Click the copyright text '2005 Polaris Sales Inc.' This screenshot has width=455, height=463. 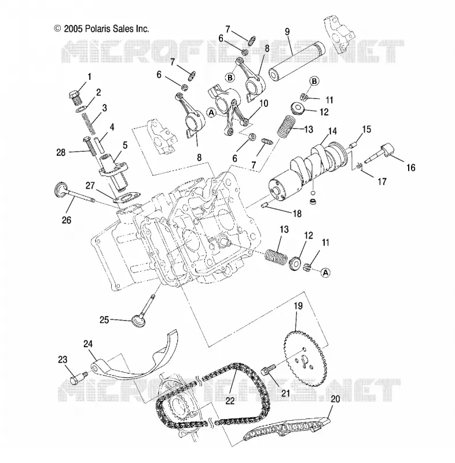[x=107, y=28]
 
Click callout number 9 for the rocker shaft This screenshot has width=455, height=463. [x=287, y=32]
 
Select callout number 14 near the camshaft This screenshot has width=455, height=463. [x=332, y=131]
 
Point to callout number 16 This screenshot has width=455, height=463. [x=410, y=168]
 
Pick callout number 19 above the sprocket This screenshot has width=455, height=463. [x=298, y=306]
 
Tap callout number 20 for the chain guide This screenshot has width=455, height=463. [x=335, y=399]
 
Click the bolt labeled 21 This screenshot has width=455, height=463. [x=269, y=369]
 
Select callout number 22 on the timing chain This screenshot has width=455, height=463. [x=230, y=400]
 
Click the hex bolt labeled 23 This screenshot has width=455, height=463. [x=78, y=378]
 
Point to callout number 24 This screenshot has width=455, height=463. [x=87, y=344]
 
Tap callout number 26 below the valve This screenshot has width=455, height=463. [x=67, y=220]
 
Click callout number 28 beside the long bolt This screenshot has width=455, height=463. [x=61, y=152]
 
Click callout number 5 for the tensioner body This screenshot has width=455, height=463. [x=125, y=145]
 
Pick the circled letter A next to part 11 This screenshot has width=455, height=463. [x=325, y=273]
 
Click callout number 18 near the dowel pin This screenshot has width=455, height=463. [x=297, y=214]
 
